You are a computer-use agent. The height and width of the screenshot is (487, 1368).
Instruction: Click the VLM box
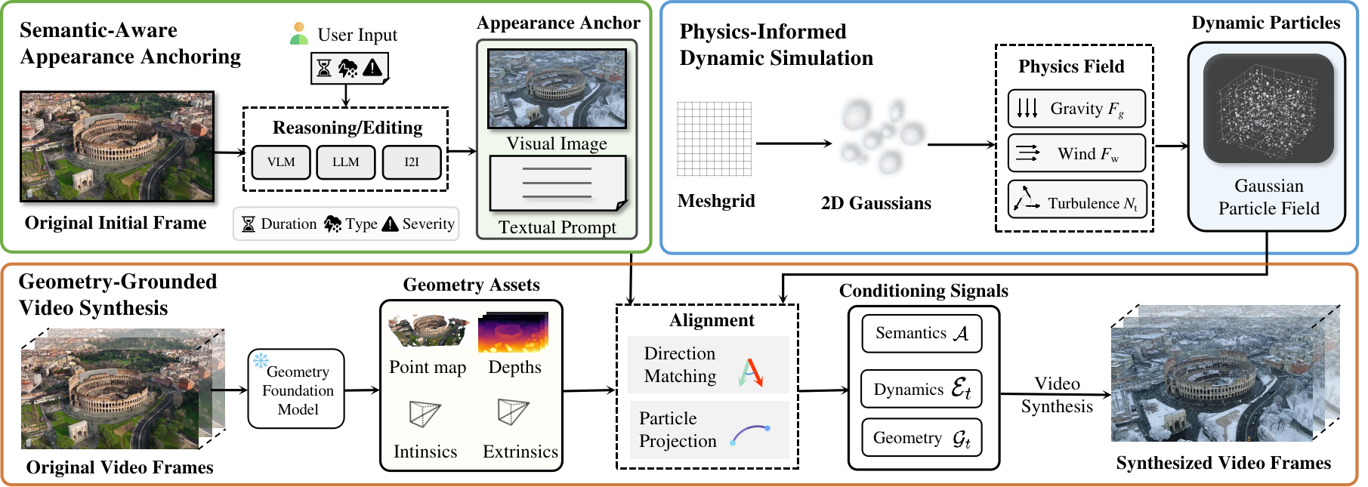pyautogui.click(x=281, y=162)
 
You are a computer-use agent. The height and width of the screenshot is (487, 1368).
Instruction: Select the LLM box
pyautogui.click(x=346, y=162)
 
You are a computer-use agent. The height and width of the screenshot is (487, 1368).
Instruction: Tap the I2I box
pyautogui.click(x=412, y=162)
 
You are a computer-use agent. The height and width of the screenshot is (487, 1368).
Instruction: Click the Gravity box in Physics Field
pyautogui.click(x=1076, y=109)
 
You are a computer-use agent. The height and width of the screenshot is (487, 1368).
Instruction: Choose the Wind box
pyautogui.click(x=1076, y=153)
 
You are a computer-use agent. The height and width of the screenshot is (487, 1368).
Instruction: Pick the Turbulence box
pyautogui.click(x=1077, y=199)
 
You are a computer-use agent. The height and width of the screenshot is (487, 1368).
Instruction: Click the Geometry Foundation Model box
pyautogui.click(x=296, y=389)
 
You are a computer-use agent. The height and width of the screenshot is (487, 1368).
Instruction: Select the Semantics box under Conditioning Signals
pyautogui.click(x=922, y=334)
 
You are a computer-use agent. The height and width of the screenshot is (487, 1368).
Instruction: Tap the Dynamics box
pyautogui.click(x=922, y=389)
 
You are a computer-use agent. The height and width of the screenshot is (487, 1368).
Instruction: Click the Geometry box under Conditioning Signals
pyautogui.click(x=922, y=438)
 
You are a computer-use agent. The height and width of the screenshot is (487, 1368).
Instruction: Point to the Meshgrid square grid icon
pyautogui.click(x=714, y=139)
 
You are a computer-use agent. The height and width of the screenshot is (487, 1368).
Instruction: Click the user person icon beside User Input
pyautogui.click(x=299, y=34)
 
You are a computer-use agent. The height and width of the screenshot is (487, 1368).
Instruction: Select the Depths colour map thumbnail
pyautogui.click(x=514, y=333)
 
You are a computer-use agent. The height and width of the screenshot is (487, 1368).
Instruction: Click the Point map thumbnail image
pyautogui.click(x=428, y=330)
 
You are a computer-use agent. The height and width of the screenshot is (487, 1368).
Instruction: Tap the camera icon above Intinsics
pyautogui.click(x=425, y=413)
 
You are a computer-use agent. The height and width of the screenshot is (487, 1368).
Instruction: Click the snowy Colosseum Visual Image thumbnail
pyautogui.click(x=557, y=88)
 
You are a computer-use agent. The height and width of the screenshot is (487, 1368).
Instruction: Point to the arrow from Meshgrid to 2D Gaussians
pyautogui.click(x=794, y=143)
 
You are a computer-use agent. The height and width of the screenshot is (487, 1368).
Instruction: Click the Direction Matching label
pyautogui.click(x=680, y=365)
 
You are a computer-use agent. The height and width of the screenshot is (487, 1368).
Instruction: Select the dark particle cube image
pyautogui.click(x=1268, y=108)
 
